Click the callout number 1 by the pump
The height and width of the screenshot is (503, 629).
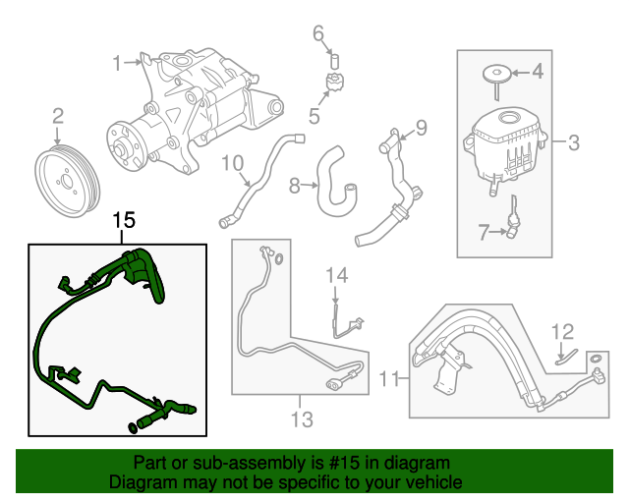pyautogui.click(x=117, y=64)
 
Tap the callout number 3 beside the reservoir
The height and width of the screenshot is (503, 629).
pyautogui.click(x=573, y=143)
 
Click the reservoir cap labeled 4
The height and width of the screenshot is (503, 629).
pyautogui.click(x=538, y=72)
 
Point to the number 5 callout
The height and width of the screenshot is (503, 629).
pyautogui.click(x=314, y=116)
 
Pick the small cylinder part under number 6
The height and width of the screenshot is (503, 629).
pyautogui.click(x=332, y=62)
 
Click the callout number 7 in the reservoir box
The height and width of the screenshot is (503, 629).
pyautogui.click(x=483, y=232)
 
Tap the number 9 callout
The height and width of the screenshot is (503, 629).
pyautogui.click(x=421, y=127)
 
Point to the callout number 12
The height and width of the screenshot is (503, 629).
pyautogui.click(x=561, y=330)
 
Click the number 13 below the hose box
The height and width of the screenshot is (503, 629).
pyautogui.click(x=301, y=420)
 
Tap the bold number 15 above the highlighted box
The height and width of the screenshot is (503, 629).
pyautogui.click(x=123, y=221)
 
